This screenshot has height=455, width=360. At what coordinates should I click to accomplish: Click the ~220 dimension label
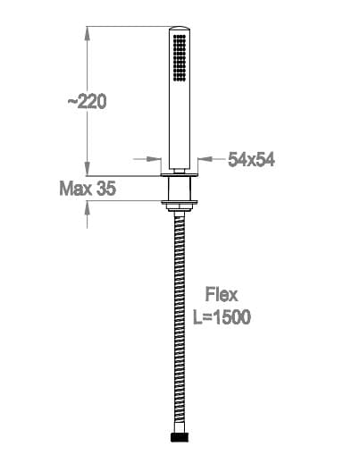(87, 101)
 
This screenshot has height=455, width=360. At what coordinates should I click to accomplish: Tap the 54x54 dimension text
(251, 160)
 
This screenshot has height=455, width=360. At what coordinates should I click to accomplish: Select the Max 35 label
(88, 189)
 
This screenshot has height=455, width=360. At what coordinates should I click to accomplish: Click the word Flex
(222, 294)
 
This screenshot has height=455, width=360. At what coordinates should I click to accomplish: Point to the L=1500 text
(222, 316)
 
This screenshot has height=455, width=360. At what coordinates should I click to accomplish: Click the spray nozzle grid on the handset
(180, 57)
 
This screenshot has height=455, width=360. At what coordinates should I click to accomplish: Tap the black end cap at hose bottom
(180, 437)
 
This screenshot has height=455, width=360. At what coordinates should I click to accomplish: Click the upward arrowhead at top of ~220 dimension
(87, 34)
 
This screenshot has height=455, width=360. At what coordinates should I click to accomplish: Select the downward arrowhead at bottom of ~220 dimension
(87, 168)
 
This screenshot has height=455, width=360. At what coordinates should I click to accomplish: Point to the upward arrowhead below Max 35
(87, 207)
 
